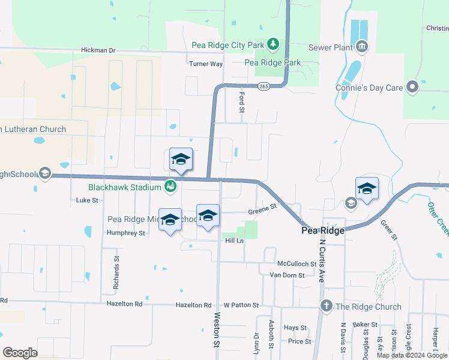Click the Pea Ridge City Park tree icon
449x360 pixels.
point(273,44)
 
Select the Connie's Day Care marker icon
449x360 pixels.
point(412,88)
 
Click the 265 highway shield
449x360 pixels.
point(264,86)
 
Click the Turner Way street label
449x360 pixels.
point(206,64)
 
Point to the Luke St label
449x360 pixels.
point(87,200)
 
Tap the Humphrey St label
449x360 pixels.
point(125,233)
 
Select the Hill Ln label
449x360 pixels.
point(234,241)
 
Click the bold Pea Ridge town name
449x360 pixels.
point(323,230)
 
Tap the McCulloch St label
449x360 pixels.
point(297,263)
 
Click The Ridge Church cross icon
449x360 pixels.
point(326,307)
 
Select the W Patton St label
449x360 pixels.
point(241,305)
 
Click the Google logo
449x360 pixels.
point(20,353)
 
